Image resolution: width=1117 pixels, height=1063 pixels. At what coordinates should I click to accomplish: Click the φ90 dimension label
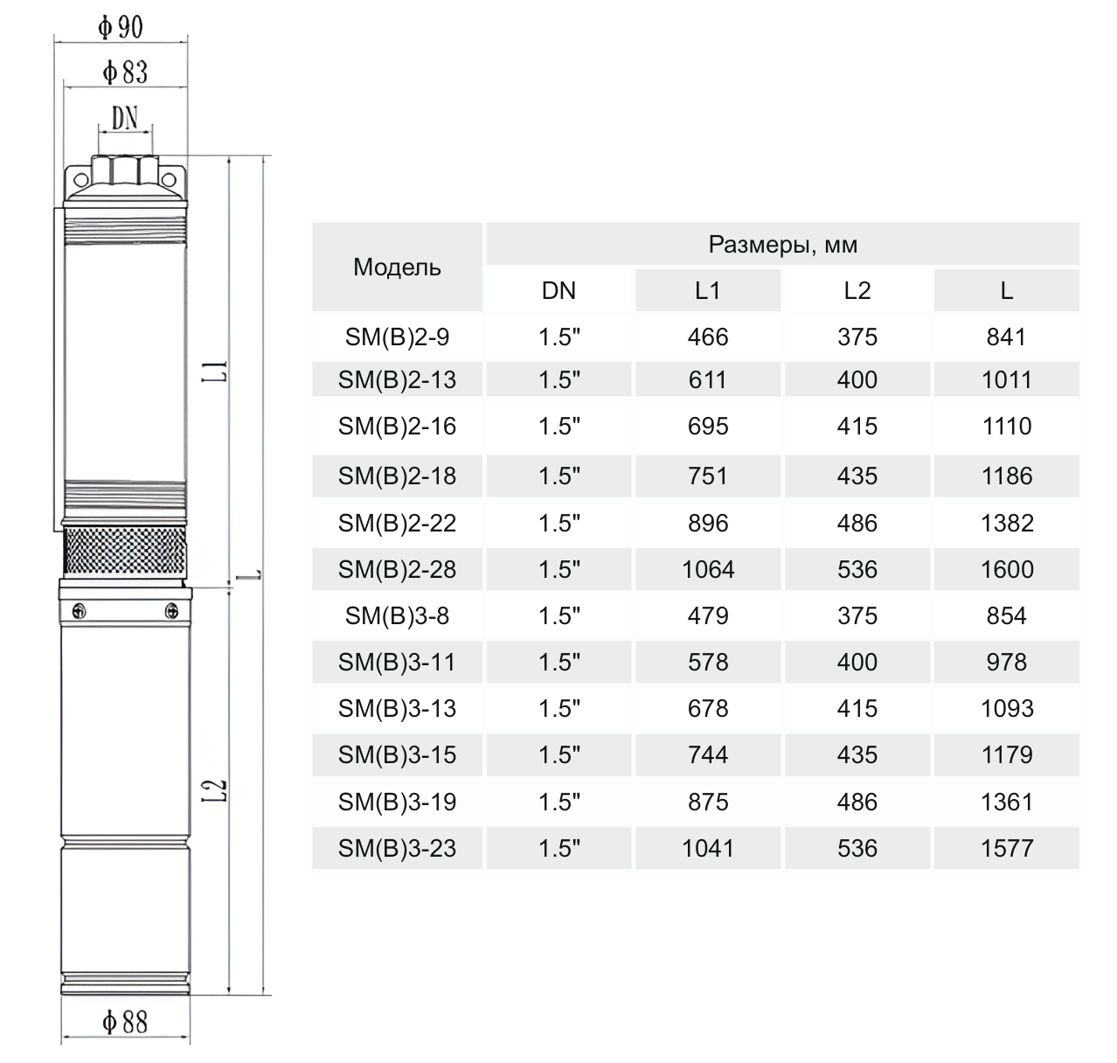(121, 27)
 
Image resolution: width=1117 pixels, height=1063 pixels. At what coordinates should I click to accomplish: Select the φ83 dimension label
(125, 73)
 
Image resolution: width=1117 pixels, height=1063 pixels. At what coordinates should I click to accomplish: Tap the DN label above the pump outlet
(125, 118)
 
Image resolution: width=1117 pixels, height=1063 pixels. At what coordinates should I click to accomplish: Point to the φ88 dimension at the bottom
(125, 1021)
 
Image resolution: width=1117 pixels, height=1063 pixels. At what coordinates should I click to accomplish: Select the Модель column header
(397, 267)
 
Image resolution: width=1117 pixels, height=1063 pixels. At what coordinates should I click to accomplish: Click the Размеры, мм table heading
(782, 245)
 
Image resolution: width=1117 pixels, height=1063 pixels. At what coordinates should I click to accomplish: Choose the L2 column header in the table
(857, 291)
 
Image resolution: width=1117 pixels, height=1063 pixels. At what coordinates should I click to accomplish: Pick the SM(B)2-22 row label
(397, 523)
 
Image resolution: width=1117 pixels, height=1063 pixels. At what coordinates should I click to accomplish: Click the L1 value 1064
(708, 569)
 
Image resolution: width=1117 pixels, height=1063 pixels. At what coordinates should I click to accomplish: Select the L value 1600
(1007, 569)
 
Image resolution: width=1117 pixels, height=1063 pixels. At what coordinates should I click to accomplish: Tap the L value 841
(1007, 337)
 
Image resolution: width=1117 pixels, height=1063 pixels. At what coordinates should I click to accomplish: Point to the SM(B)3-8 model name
(397, 615)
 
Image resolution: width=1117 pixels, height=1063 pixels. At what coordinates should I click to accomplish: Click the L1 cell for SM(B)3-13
(708, 708)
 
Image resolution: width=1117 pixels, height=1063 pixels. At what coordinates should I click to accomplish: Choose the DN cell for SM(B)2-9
(559, 337)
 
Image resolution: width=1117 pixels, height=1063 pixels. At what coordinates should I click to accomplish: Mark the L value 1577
(1007, 848)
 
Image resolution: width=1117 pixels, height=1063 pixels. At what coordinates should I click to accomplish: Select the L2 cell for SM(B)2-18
(857, 476)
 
